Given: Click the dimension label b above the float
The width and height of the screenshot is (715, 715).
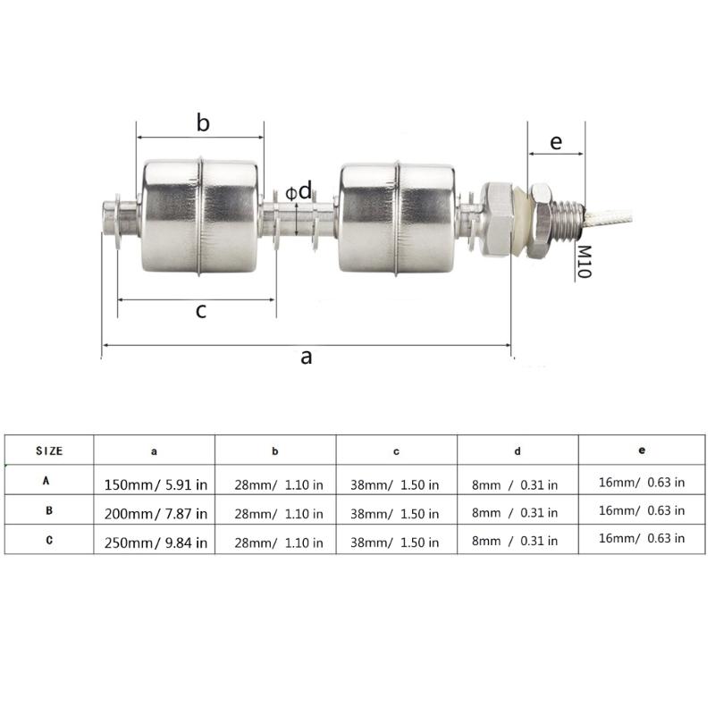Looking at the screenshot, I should pos(203,123).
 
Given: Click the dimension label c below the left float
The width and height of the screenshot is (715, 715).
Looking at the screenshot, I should pos(201,310).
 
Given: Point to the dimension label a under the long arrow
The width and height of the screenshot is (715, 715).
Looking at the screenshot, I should pos(306,357).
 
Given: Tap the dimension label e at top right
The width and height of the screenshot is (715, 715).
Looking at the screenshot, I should pos(555,142).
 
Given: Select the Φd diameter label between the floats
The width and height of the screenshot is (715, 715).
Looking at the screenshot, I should pos(301,191).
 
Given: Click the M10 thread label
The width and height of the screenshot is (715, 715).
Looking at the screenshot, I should pos(584,261).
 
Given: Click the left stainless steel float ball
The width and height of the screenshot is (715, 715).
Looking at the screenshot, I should pos(201,216).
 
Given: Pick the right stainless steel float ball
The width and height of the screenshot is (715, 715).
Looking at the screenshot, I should pos(397,216).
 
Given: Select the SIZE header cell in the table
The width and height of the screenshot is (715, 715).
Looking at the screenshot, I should pos(49,451).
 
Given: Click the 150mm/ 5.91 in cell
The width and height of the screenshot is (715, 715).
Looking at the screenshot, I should pos(155,484).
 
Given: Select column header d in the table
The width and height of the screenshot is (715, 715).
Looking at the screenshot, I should pos(517,451).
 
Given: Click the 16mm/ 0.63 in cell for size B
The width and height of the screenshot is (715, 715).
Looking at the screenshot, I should pos(641,510).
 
